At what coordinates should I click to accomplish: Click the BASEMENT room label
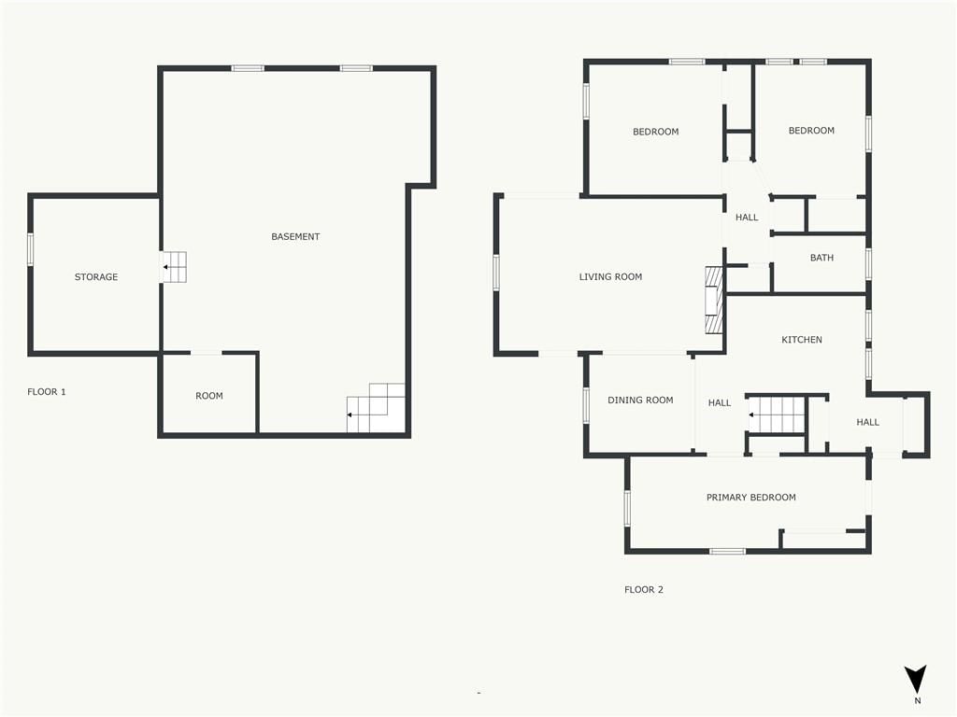pos(295,236)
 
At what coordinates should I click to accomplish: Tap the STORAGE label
pos(96,276)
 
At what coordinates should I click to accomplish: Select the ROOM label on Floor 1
pos(208,396)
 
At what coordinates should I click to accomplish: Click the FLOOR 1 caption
pos(47,391)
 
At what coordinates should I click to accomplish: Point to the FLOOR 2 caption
pos(643,590)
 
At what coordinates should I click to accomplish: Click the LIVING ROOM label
pos(610,276)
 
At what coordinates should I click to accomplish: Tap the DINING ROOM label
pos(640,400)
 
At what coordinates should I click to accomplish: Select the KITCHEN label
pos(801,340)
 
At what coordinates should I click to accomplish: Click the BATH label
pos(821,258)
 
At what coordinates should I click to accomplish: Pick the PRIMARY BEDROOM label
pos(750,498)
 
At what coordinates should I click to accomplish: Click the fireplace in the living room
pos(714,300)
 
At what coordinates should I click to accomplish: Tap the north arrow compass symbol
pos(916,680)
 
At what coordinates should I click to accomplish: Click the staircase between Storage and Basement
pos(173,267)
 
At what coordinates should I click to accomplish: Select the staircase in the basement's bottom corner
pos(376,409)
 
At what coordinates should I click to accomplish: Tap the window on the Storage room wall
pos(30,249)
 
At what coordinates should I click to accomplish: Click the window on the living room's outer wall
pos(496,272)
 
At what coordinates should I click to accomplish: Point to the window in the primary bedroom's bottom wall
pos(727,551)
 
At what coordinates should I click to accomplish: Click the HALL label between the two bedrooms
pos(747,217)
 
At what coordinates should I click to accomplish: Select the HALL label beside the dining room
pos(719,402)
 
